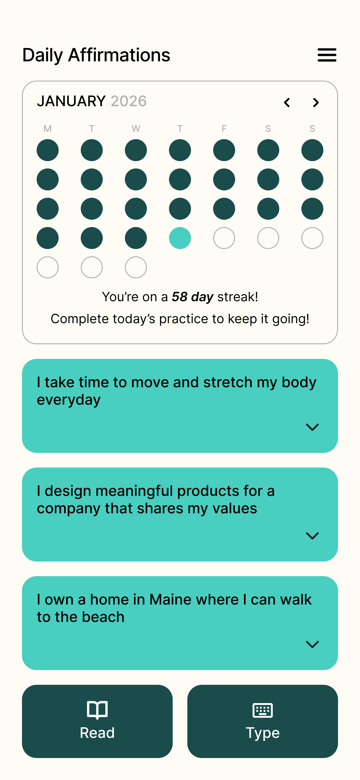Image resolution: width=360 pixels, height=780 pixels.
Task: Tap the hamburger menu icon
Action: click(x=327, y=55)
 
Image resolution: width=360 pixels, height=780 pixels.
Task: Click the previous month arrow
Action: click(x=287, y=103)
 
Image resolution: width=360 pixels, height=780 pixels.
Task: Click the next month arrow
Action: click(x=316, y=103)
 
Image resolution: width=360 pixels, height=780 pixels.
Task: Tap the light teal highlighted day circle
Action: click(x=180, y=238)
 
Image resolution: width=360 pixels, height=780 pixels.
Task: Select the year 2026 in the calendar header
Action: click(x=129, y=101)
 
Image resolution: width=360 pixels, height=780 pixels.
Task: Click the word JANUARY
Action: click(x=71, y=101)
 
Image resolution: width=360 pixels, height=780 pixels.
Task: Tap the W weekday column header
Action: click(x=136, y=129)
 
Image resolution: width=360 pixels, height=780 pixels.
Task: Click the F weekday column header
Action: click(x=224, y=129)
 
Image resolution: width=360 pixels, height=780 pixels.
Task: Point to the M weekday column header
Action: click(x=48, y=129)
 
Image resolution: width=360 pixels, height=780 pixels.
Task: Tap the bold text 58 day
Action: click(x=193, y=297)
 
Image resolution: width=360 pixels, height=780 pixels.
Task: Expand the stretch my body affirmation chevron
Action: click(x=312, y=427)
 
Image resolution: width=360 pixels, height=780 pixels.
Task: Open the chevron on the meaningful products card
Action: click(x=312, y=536)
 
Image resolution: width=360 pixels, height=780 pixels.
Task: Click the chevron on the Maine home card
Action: click(x=312, y=645)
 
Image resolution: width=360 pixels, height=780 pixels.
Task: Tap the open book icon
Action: click(x=97, y=710)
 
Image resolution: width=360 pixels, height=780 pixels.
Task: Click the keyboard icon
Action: click(x=263, y=710)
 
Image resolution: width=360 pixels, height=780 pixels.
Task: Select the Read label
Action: click(x=97, y=733)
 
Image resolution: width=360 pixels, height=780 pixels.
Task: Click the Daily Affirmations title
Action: click(x=96, y=55)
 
